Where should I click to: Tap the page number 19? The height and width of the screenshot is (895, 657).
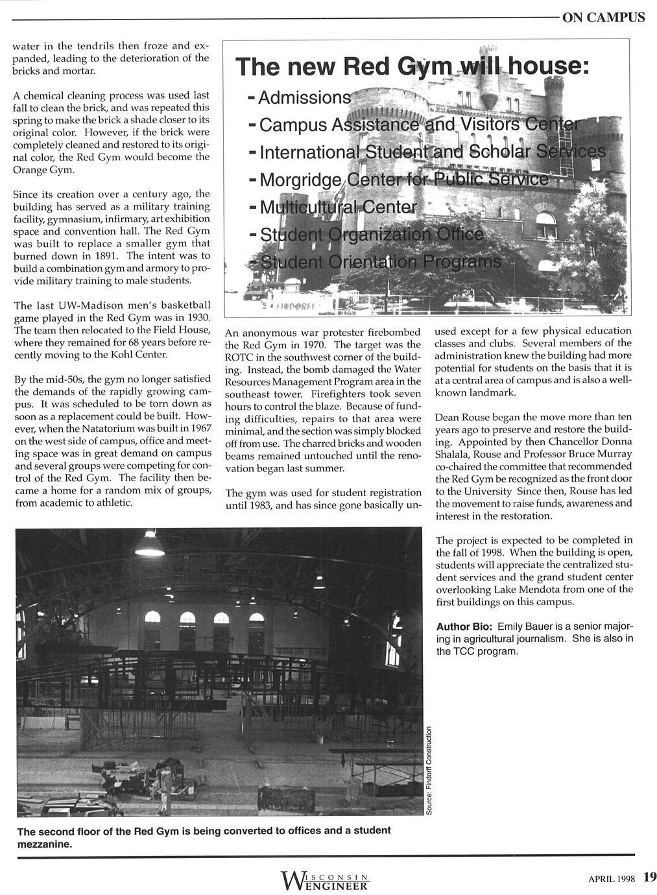(x=649, y=877)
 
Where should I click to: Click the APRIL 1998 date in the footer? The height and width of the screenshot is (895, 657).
(x=611, y=878)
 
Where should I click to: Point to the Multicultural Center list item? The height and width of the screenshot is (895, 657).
(x=337, y=208)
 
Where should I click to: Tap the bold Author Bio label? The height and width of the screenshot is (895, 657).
(x=464, y=627)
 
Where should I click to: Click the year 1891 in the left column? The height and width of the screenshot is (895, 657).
(x=103, y=256)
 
